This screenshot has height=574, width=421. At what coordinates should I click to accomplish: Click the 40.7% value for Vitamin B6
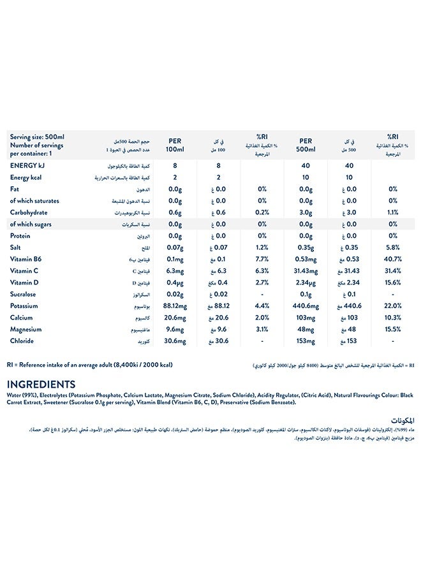tap(393, 259)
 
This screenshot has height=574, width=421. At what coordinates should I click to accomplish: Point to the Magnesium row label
tap(26, 329)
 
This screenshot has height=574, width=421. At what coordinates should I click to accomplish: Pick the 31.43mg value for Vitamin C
tap(304, 271)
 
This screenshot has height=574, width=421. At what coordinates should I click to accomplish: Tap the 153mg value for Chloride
tap(304, 341)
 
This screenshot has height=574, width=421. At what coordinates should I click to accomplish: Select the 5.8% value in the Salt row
tap(393, 247)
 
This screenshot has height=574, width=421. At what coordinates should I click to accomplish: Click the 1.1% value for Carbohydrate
tap(393, 212)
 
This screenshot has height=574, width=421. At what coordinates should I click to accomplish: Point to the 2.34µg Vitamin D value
tap(304, 283)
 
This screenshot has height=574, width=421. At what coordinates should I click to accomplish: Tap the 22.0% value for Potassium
tap(393, 306)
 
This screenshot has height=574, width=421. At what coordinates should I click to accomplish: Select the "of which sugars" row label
tap(31, 224)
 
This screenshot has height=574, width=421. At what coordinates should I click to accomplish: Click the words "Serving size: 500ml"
tap(38, 136)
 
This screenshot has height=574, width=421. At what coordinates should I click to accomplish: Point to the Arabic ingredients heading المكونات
tap(401, 420)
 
